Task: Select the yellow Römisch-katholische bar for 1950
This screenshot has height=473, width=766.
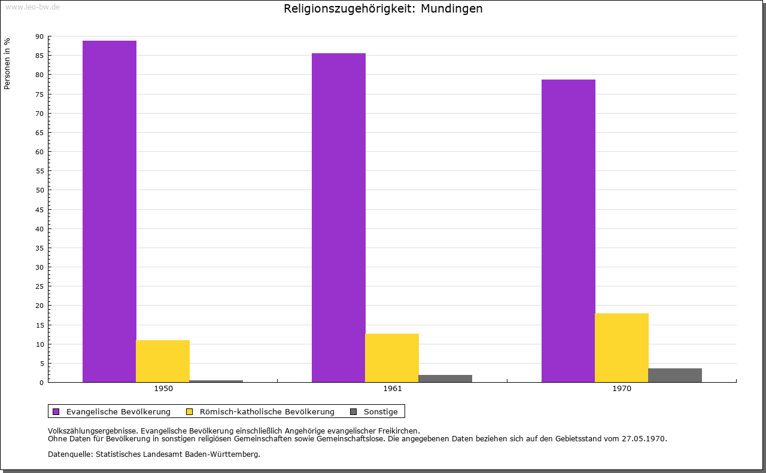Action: pyautogui.click(x=163, y=361)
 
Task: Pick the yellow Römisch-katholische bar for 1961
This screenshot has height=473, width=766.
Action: pyautogui.click(x=392, y=358)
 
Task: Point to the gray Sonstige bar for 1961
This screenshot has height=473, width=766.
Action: pyautogui.click(x=445, y=379)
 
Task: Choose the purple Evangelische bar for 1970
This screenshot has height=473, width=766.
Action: pyautogui.click(x=569, y=231)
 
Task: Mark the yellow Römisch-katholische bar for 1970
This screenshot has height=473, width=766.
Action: pyautogui.click(x=622, y=347)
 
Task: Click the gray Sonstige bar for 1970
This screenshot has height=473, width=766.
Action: pyautogui.click(x=675, y=376)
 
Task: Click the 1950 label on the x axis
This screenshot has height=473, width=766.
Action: pyautogui.click(x=163, y=389)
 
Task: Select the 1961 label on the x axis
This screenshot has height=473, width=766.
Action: pyautogui.click(x=393, y=389)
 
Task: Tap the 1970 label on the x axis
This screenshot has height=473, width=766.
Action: pyautogui.click(x=622, y=389)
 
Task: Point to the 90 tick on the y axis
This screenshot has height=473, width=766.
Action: pyautogui.click(x=39, y=36)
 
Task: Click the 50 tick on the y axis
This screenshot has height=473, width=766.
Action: pyautogui.click(x=39, y=190)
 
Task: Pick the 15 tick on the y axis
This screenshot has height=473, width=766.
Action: pyautogui.click(x=39, y=325)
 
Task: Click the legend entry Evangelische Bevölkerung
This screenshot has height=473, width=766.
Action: pyautogui.click(x=118, y=411)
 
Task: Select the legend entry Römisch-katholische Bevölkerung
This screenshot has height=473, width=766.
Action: pyautogui.click(x=267, y=411)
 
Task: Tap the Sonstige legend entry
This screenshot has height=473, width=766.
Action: pyautogui.click(x=381, y=411)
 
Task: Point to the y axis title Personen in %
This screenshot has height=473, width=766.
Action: pyautogui.click(x=7, y=63)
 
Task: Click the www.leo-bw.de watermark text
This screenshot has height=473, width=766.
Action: pyautogui.click(x=32, y=7)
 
